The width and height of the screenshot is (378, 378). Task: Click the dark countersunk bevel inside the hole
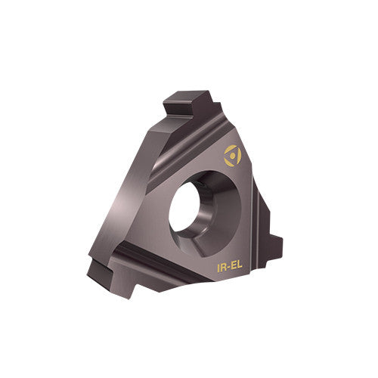pos(219,200)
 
